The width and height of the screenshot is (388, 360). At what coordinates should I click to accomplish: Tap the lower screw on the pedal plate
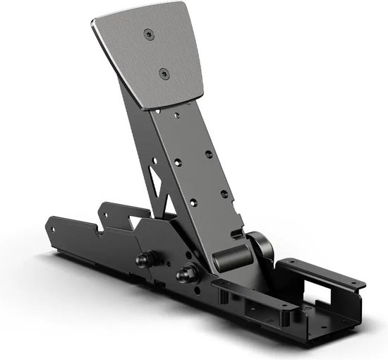(x=164, y=72)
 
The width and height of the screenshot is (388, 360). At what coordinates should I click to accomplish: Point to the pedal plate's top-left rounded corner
(x=95, y=23)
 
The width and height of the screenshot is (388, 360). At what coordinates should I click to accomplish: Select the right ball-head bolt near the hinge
(x=189, y=272)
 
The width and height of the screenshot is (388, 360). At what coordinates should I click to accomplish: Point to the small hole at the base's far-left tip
(x=53, y=229)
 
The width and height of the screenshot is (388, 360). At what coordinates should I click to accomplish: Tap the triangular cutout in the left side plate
(x=134, y=224)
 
